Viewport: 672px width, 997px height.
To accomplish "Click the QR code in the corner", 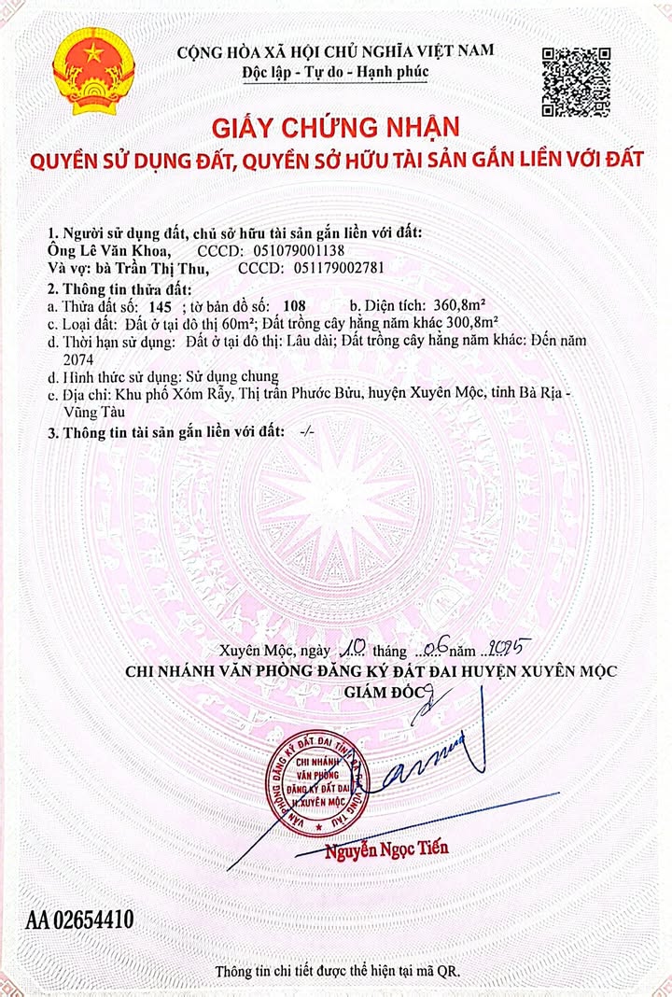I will (x=576, y=81).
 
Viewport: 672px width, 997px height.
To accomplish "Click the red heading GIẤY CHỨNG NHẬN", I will (x=335, y=126).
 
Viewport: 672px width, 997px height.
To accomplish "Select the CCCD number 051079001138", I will (x=299, y=252).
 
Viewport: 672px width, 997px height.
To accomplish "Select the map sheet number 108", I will (x=293, y=306).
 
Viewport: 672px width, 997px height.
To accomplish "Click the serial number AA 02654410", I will (x=80, y=920).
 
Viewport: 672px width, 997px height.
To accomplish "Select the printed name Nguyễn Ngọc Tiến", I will (x=386, y=850).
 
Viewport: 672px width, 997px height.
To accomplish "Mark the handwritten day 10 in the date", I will (x=351, y=647).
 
